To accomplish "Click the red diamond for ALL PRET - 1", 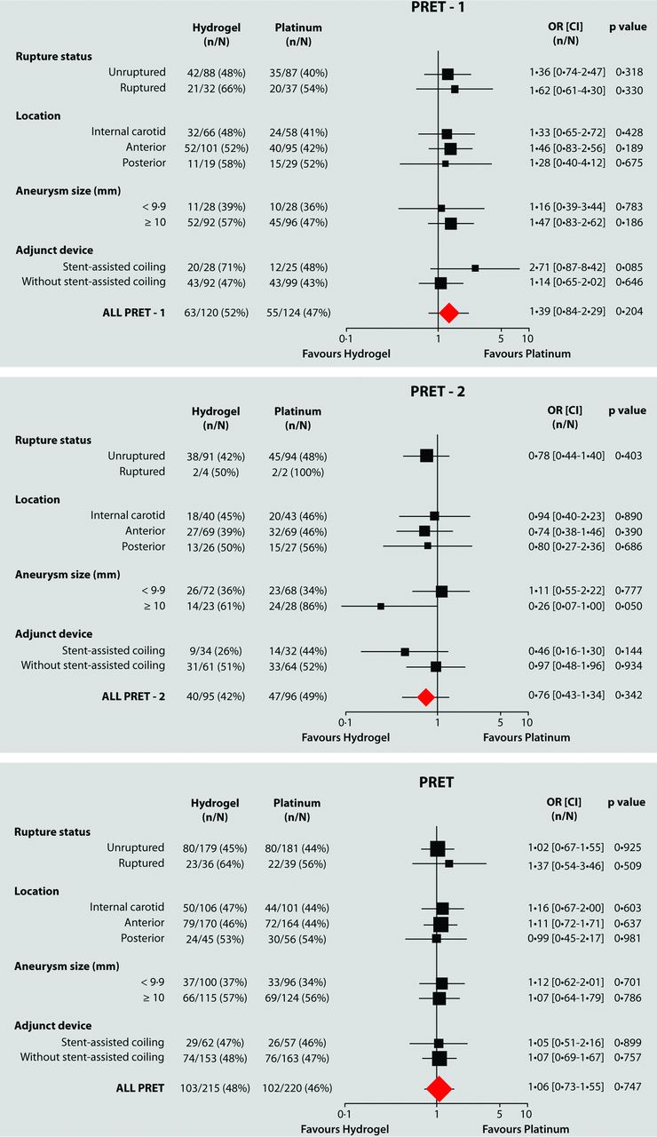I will point(448,312).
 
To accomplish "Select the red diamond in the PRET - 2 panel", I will point(426,697).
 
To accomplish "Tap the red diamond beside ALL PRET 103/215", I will point(438,1088).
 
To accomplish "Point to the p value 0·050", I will point(629,606).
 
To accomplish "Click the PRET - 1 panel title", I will point(440,8).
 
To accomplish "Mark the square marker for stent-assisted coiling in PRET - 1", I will point(475,267).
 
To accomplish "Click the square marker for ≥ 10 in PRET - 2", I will point(381,607).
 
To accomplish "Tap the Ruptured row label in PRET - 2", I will point(142,472).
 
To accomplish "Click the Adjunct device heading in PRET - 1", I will point(54,250).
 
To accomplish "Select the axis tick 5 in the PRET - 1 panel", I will point(501,338).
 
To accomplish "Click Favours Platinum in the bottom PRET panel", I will point(526,1129).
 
